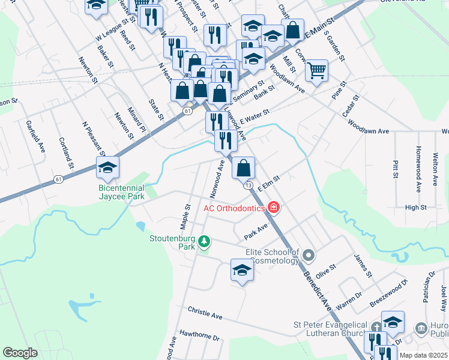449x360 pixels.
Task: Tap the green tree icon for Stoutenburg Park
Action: [205, 241]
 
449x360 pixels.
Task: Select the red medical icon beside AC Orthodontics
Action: [274, 208]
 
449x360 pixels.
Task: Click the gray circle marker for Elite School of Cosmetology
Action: [309, 256]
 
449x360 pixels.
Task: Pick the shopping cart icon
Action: [316, 70]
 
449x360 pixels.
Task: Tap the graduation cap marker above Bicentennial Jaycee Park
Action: [107, 167]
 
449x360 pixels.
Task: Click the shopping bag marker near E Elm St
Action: [243, 168]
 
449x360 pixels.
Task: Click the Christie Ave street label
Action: [205, 314]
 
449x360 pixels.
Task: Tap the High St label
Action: [415, 207]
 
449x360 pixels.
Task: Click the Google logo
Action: [20, 353]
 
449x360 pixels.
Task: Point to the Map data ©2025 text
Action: [423, 355]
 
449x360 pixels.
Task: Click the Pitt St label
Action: [395, 169]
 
